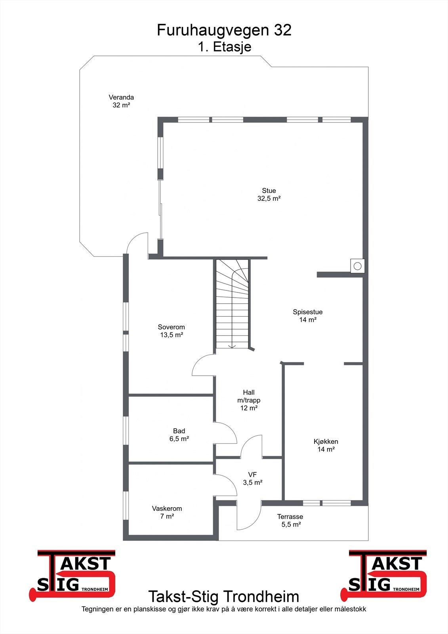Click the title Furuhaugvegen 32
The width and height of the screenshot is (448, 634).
pos(224,31)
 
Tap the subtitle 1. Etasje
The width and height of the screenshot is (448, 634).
pos(224,47)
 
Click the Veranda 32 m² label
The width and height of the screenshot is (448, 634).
pos(121,101)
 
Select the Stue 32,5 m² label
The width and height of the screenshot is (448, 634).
pos(269,195)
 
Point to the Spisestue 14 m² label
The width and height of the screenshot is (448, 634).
pos(308,316)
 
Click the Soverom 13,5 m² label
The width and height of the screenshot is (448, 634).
pos(171,331)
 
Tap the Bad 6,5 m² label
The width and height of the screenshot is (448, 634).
pos(179,435)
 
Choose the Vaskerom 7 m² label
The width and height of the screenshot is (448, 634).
pos(167,512)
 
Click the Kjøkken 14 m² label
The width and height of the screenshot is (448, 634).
pos(326,445)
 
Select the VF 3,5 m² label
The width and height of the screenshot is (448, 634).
pos(253,479)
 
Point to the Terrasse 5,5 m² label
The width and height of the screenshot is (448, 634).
pos(290,520)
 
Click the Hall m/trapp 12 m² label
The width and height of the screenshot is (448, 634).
pos(249,400)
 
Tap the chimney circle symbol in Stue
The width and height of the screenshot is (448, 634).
pos(357,266)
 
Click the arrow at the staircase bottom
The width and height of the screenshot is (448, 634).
pos(232,345)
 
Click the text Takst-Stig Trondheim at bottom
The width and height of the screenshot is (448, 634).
pos(224,596)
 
